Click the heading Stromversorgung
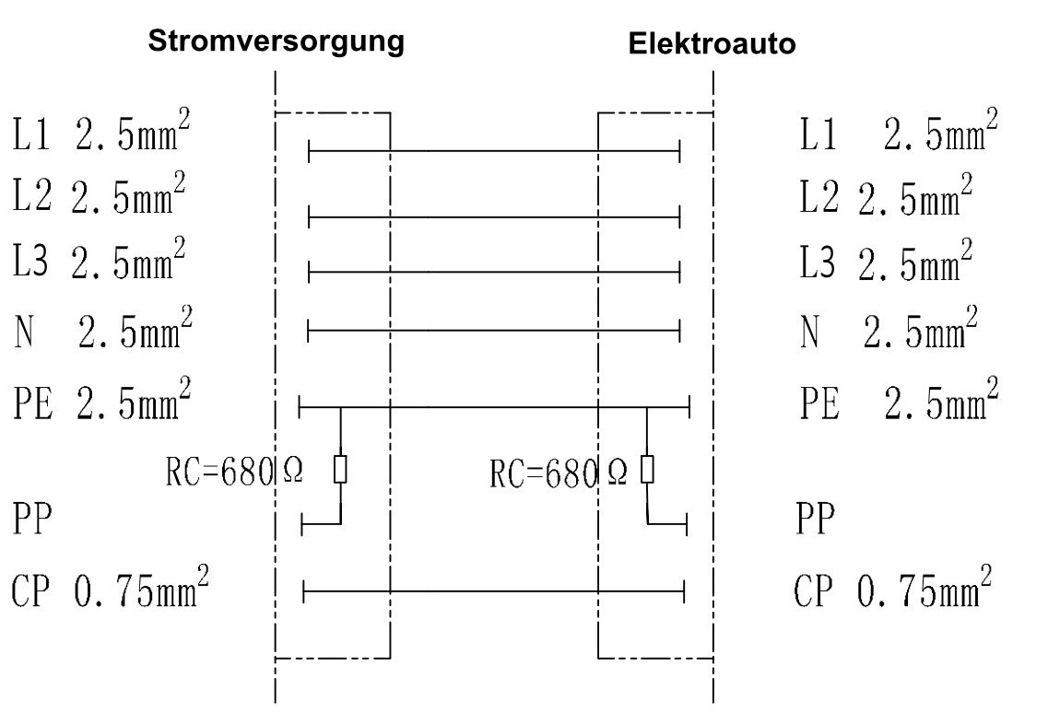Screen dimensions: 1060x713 point(276,41)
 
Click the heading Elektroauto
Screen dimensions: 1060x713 point(712,43)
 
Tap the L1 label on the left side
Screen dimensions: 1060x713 point(31,134)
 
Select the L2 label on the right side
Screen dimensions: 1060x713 point(819,196)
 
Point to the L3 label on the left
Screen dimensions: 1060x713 point(30,260)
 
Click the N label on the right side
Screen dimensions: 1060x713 point(810,331)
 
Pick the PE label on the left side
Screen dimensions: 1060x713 point(32,403)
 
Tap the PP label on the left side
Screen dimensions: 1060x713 point(31,518)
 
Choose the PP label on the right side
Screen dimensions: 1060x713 point(816,518)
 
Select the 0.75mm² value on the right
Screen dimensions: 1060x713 point(925,586)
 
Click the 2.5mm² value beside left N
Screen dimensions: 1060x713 point(135,327)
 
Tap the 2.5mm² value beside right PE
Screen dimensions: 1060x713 point(941,399)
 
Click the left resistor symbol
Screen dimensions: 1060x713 point(340,469)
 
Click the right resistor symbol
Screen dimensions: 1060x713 point(647,469)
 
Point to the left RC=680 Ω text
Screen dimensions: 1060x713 point(234,471)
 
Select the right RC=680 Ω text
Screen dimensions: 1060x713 point(558,473)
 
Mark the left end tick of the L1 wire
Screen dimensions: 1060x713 point(309,151)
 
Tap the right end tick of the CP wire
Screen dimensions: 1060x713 point(684,591)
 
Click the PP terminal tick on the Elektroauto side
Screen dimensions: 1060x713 point(687,524)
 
